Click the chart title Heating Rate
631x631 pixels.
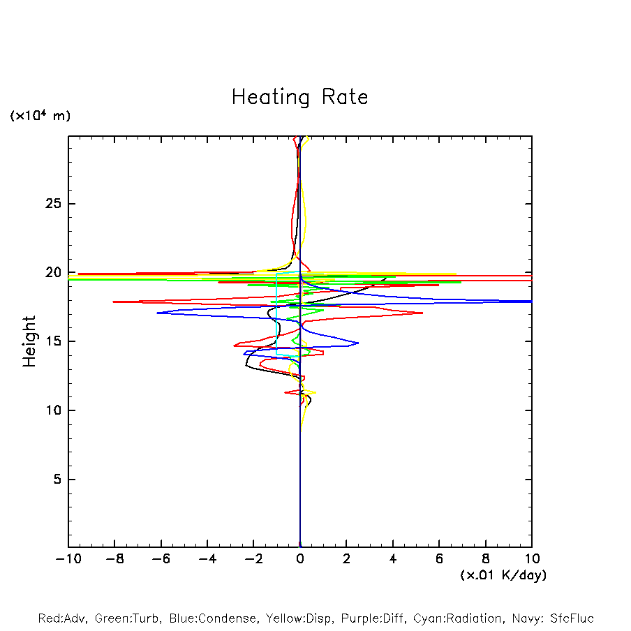(x=299, y=97)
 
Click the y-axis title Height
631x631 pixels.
(x=29, y=341)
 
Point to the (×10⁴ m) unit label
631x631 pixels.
(x=40, y=116)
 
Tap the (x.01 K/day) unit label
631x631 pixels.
(x=503, y=575)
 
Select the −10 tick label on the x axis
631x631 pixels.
(x=68, y=559)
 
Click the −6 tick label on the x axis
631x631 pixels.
(x=161, y=559)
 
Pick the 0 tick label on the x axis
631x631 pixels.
(x=300, y=559)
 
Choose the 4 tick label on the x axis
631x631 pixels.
(x=393, y=559)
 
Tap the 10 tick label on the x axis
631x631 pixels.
(x=531, y=559)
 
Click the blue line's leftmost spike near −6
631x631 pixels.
(x=158, y=313)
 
